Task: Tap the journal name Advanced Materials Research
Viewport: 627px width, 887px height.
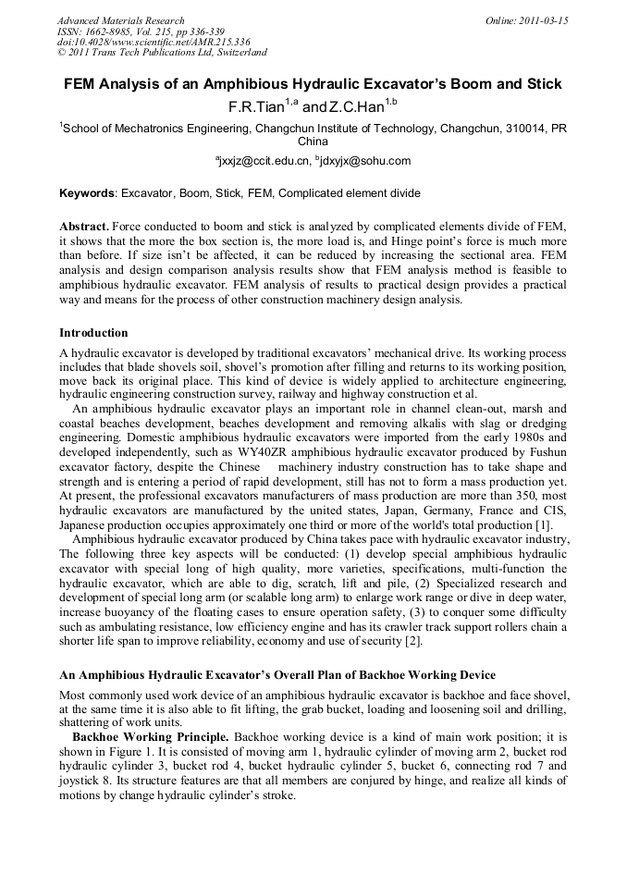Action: (120, 20)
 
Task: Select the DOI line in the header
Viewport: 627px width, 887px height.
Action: (154, 43)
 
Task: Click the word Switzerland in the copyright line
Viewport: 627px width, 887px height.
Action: (235, 53)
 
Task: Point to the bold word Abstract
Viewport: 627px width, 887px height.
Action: (84, 227)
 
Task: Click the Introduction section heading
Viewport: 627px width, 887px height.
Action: (93, 332)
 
